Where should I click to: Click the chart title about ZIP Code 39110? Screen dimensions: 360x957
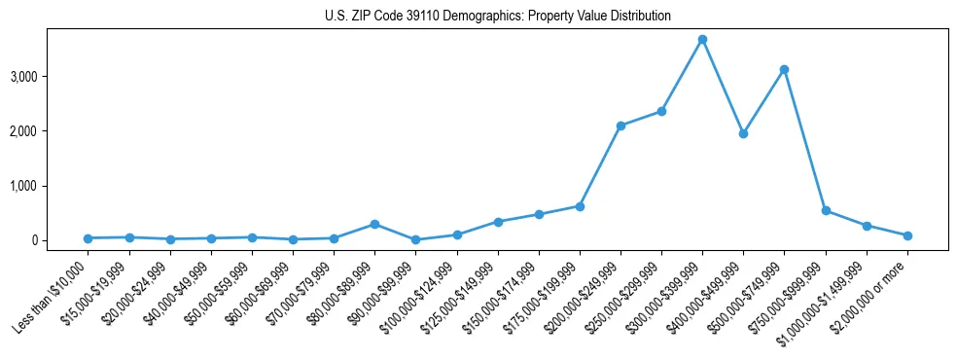click(x=498, y=16)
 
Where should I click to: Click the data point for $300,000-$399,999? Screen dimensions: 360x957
click(x=702, y=40)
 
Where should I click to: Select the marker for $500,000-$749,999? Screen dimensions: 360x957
click(x=784, y=70)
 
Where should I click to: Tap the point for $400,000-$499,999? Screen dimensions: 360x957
click(x=743, y=133)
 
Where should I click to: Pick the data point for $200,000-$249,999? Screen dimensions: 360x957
click(x=620, y=126)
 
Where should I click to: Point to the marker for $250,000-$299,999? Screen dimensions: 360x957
click(x=661, y=111)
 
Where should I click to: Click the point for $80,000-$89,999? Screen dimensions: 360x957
click(x=374, y=224)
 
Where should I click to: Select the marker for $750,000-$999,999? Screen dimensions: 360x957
click(x=826, y=210)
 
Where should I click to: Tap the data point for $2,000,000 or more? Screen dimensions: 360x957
click(x=907, y=235)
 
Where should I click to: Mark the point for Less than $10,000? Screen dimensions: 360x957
click(x=89, y=238)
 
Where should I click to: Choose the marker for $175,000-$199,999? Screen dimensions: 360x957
click(x=580, y=206)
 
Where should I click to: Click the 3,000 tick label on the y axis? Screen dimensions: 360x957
click(x=53, y=77)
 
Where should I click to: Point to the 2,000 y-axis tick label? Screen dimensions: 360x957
click(x=53, y=131)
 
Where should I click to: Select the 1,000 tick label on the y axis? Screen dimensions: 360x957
click(x=53, y=186)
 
